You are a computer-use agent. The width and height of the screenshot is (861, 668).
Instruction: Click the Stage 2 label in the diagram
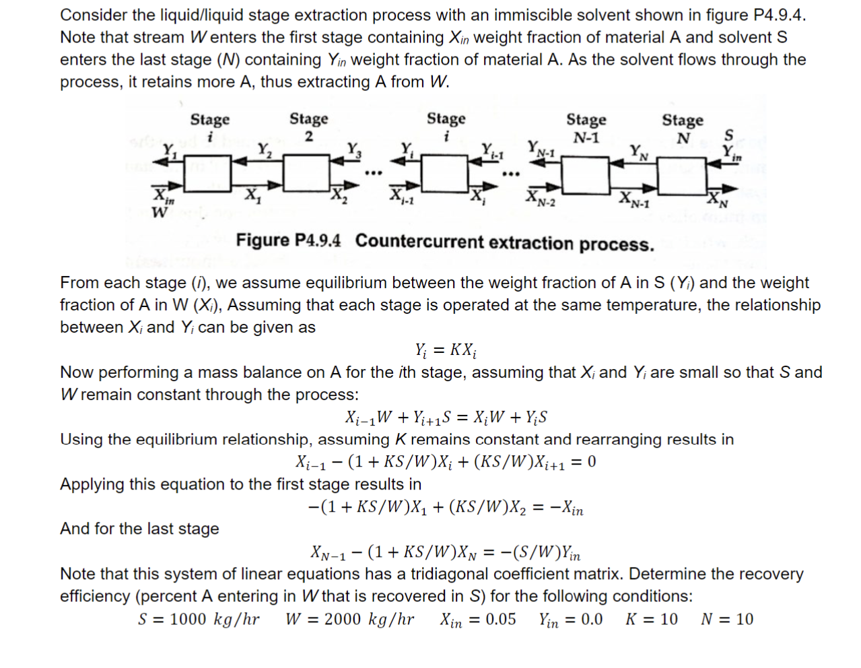(x=308, y=126)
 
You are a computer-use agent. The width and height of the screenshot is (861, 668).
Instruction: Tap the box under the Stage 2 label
(x=306, y=173)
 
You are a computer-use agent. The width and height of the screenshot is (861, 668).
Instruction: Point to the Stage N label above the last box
(x=682, y=128)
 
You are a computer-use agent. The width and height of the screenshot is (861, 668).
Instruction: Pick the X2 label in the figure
(x=337, y=197)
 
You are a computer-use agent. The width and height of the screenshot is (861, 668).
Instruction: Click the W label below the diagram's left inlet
(x=159, y=213)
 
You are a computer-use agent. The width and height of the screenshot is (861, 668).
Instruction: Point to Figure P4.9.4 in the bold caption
(x=288, y=241)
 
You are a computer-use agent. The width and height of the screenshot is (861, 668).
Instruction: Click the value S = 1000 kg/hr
(x=199, y=620)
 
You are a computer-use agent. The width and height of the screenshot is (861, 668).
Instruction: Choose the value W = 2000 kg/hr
(x=349, y=620)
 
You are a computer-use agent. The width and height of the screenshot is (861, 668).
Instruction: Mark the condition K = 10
(x=651, y=620)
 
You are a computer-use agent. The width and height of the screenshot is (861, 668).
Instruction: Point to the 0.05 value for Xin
(x=500, y=620)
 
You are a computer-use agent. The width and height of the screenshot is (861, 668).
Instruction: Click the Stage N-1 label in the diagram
(x=586, y=128)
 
